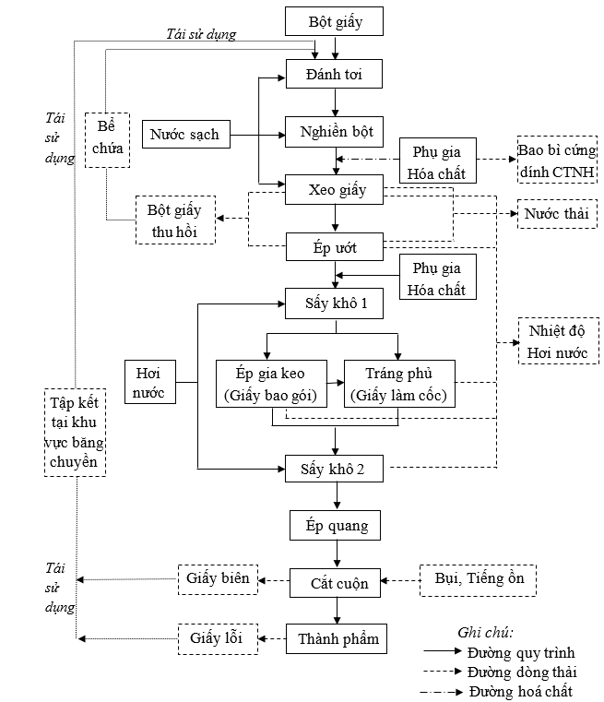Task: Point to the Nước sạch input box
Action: pyautogui.click(x=184, y=135)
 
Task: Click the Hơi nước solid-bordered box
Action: pyautogui.click(x=149, y=383)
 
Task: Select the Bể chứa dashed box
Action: pyautogui.click(x=107, y=139)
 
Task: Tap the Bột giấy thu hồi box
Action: pyautogui.click(x=175, y=220)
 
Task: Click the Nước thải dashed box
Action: pyautogui.click(x=556, y=214)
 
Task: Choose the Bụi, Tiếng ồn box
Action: pyautogui.click(x=478, y=579)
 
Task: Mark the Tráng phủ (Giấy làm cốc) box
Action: pyautogui.click(x=398, y=384)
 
